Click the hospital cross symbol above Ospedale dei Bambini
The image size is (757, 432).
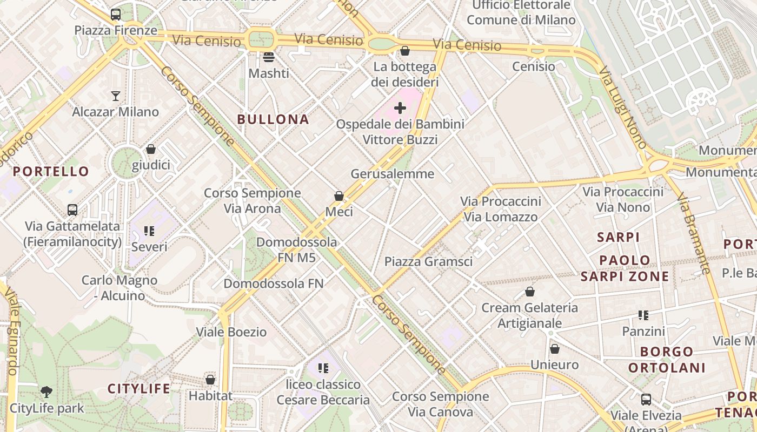tap(400, 108)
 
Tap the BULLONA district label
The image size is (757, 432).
tap(273, 119)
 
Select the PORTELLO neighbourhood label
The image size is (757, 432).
tap(51, 172)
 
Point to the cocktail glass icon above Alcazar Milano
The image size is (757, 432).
tap(116, 96)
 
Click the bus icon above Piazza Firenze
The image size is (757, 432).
tap(116, 15)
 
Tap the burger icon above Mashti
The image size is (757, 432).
tap(269, 57)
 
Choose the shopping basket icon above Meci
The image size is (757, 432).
tap(339, 196)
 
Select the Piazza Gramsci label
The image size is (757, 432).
tap(428, 262)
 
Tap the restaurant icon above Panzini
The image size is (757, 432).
tap(643, 315)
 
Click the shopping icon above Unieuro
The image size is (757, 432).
tap(554, 349)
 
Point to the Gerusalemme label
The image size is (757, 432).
tap(393, 174)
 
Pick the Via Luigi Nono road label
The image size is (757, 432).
tap(623, 108)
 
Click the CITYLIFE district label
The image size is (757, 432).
tap(139, 389)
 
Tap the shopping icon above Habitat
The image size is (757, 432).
tap(210, 380)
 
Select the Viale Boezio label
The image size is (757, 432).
tap(231, 332)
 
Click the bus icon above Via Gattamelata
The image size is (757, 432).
tap(72, 210)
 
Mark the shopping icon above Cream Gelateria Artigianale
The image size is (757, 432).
tap(530, 292)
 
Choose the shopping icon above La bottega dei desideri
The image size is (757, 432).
tap(404, 51)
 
